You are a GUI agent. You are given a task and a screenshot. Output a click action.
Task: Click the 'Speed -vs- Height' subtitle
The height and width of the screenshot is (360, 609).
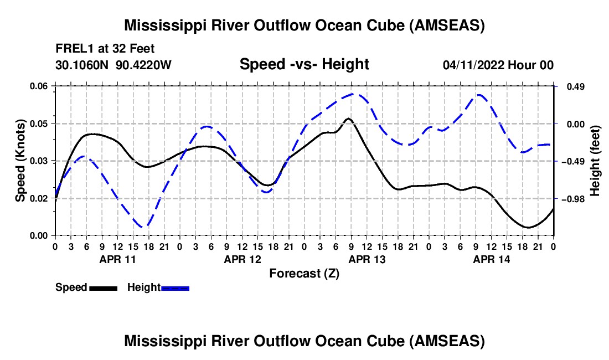[x=304, y=64]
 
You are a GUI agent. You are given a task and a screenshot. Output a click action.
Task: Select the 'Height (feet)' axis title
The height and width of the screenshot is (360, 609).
[x=595, y=161]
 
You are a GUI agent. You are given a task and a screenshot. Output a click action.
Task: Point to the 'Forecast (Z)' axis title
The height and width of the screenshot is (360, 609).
[x=304, y=273]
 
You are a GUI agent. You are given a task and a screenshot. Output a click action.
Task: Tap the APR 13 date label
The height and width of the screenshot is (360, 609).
[x=366, y=259]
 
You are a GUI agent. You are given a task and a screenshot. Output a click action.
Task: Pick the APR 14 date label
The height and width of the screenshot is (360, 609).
[x=491, y=259]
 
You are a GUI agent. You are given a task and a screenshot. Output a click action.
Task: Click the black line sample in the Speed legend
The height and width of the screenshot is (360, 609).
[x=103, y=287]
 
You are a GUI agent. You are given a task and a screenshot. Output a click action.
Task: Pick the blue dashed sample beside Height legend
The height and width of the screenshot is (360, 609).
[x=175, y=287]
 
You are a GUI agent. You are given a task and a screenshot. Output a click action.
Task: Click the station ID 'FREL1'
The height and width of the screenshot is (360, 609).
[x=70, y=48]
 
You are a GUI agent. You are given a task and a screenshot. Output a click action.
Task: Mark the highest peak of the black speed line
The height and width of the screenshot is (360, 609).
[x=348, y=119]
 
